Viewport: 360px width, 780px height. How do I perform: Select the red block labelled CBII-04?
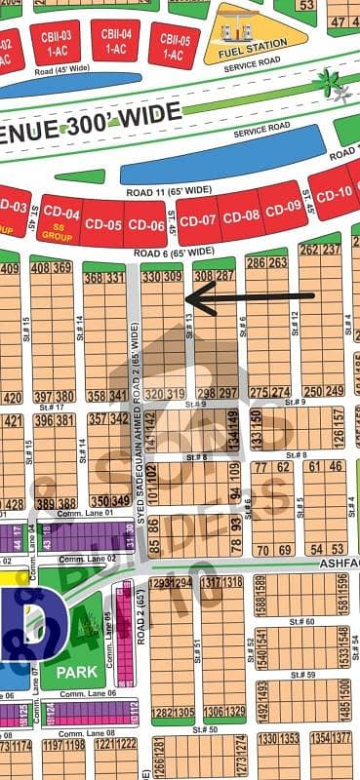click(x=115, y=40)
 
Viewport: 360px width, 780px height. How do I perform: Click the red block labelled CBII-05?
click(x=174, y=46)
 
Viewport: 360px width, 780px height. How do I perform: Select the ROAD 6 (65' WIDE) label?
click(x=173, y=253)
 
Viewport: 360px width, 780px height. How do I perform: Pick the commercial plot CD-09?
click(x=284, y=207)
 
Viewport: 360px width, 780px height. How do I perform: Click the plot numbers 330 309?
click(x=162, y=277)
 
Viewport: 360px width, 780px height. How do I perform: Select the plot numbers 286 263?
click(x=266, y=262)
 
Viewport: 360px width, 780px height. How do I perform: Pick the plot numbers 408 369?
click(x=51, y=268)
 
